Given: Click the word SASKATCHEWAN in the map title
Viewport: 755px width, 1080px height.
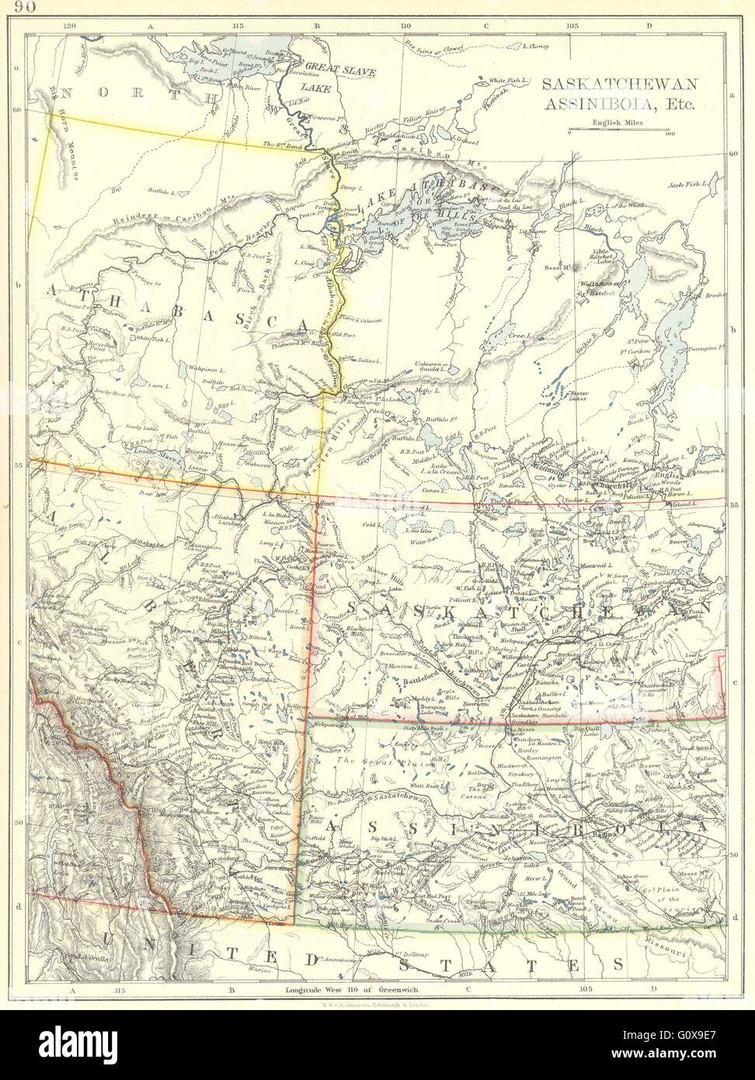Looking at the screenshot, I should [609, 83].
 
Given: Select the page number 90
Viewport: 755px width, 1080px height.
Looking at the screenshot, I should [24, 9].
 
